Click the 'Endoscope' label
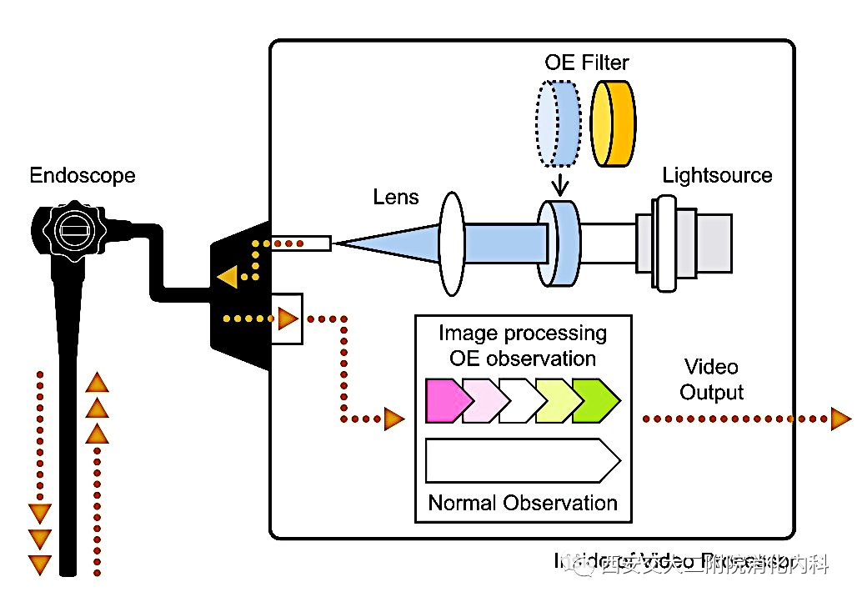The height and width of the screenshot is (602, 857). pyautogui.click(x=82, y=176)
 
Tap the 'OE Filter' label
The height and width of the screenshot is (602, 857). pyautogui.click(x=587, y=63)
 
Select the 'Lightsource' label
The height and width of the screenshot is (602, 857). pyautogui.click(x=717, y=176)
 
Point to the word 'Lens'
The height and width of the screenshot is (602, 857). pyautogui.click(x=396, y=198)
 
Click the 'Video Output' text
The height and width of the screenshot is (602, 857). pyautogui.click(x=711, y=379)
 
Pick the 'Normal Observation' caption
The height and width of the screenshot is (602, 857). pyautogui.click(x=523, y=504)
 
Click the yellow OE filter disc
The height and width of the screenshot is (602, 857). pyautogui.click(x=614, y=124)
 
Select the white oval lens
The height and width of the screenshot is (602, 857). pyautogui.click(x=451, y=243)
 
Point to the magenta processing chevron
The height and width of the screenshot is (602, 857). pyautogui.click(x=443, y=400)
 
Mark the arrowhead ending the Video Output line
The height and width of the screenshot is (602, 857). pyautogui.click(x=839, y=419)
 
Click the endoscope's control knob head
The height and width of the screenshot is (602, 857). pyautogui.click(x=69, y=228)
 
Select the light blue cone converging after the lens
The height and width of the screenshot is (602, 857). pyautogui.click(x=392, y=243)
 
